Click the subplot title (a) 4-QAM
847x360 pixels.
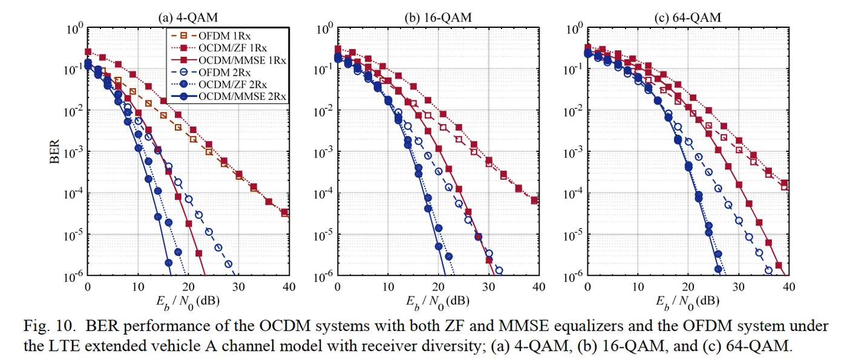click(x=187, y=18)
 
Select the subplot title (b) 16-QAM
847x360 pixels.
click(x=437, y=18)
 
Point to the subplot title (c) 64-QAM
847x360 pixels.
click(x=687, y=18)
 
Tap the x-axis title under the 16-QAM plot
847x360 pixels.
click(x=437, y=300)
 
